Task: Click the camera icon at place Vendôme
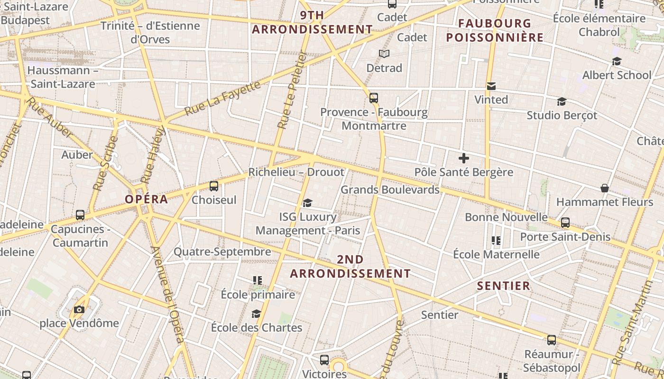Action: point(79,310)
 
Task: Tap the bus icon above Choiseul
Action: point(214,186)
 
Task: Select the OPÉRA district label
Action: point(147,199)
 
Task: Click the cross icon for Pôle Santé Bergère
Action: point(464,158)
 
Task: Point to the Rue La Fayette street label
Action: point(222,99)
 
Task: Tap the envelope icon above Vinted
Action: point(491,86)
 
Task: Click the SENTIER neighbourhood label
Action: point(503,286)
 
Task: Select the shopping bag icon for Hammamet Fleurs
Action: point(605,188)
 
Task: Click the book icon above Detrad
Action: point(384,54)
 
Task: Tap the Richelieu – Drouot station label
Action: point(296,172)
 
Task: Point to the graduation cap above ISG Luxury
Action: point(307,203)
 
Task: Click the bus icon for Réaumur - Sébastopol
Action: point(551,340)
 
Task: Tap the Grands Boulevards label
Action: point(390,189)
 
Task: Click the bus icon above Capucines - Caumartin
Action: point(80,215)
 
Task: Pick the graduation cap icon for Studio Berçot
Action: point(562,101)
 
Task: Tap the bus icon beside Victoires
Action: point(324,360)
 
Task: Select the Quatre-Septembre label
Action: point(222,252)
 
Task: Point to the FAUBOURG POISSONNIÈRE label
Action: point(495,30)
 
